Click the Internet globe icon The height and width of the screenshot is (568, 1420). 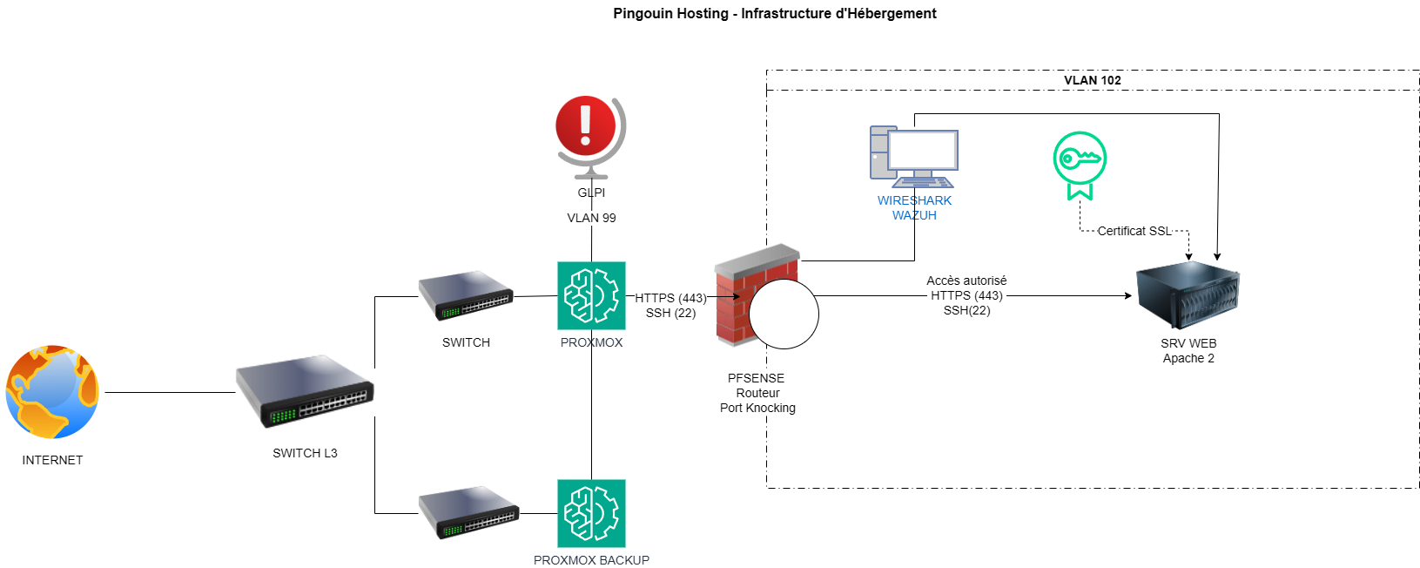(52, 392)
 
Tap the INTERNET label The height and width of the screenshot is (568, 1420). (53, 460)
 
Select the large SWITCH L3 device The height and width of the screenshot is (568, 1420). (304, 390)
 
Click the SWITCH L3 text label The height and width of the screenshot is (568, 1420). (305, 453)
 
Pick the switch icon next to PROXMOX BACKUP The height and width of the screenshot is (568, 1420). (468, 512)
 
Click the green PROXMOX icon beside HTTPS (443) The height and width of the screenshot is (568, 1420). (591, 296)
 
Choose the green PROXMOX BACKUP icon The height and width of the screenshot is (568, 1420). (591, 514)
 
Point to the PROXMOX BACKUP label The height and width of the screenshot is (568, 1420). (591, 560)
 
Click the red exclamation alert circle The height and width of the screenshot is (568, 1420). (586, 125)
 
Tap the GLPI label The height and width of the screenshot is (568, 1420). (591, 193)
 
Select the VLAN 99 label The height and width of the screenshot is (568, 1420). (591, 218)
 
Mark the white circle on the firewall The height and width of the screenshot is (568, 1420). (784, 314)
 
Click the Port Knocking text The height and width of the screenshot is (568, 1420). (757, 408)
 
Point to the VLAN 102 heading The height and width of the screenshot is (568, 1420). (1092, 80)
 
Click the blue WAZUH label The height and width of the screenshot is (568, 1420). (914, 215)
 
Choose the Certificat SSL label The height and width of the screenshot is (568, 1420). (1134, 231)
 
